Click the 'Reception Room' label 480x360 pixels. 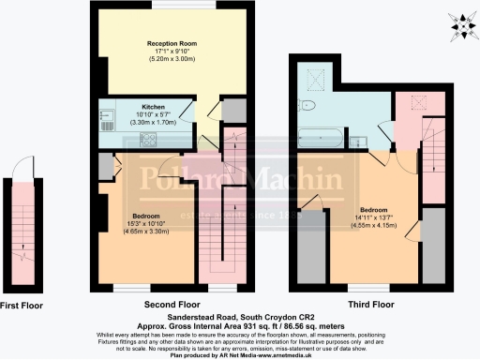[170, 43]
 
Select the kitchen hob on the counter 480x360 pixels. [148, 142]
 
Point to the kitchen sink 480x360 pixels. [105, 119]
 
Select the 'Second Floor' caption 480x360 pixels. [170, 305]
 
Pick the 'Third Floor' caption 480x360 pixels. [359, 305]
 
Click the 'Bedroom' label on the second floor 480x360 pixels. [142, 186]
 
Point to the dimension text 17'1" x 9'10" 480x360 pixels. [170, 52]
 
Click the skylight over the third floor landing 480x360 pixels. [410, 105]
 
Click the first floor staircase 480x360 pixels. [22, 239]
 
